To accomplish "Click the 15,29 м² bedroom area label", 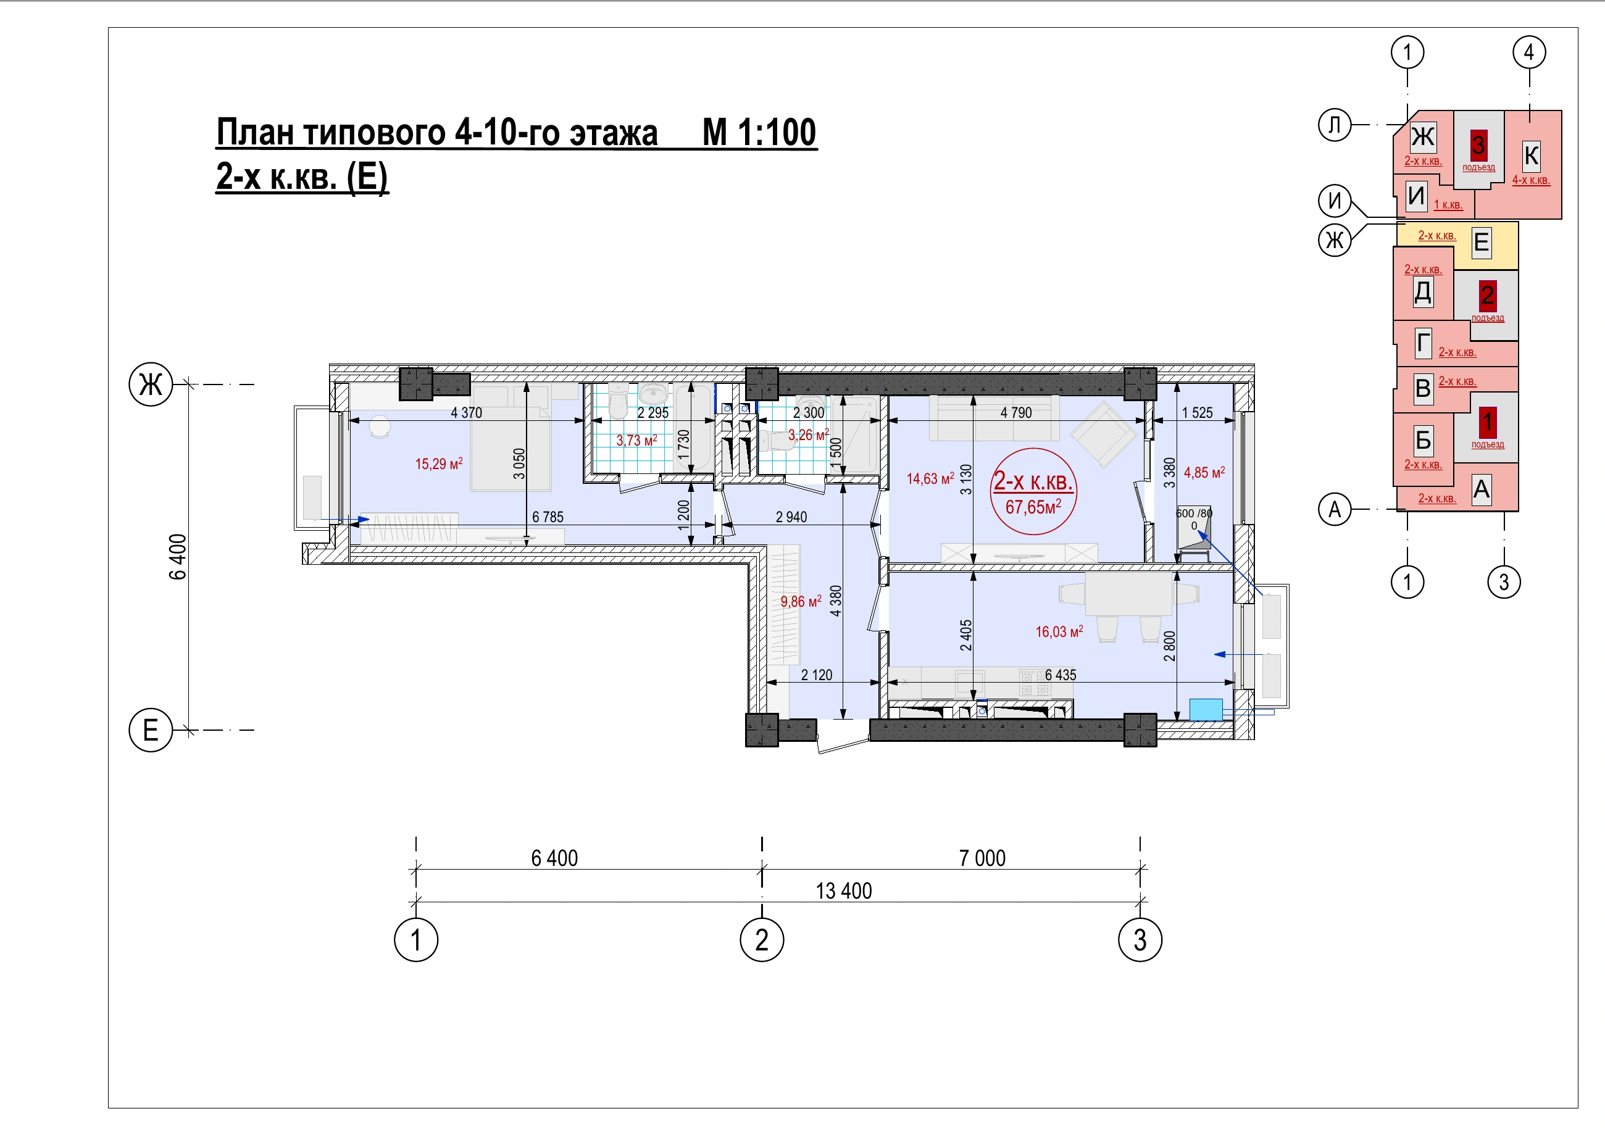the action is (439, 464).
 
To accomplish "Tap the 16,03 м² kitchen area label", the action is (1059, 631).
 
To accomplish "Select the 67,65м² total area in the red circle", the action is (1033, 506).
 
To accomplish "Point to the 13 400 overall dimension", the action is (844, 891).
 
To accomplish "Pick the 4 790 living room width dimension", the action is (1015, 412).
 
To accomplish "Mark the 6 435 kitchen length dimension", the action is (1061, 675).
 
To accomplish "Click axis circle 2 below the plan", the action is (762, 939).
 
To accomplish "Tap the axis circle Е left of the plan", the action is (151, 730).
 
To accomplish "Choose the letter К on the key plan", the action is (1531, 155).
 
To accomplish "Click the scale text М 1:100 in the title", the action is (759, 132).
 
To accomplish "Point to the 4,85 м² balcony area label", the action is (1204, 472).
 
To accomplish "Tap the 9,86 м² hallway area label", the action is (801, 601).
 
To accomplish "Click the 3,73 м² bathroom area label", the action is (636, 440).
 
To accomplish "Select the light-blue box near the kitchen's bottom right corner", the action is (1206, 709).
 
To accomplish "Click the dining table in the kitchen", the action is (1128, 593).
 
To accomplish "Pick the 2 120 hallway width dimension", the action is (817, 675).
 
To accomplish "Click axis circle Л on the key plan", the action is (1335, 125).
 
